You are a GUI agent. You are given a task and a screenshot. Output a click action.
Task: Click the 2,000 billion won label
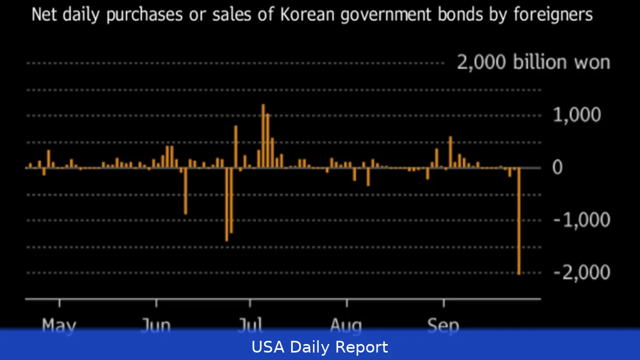pyautogui.click(x=533, y=62)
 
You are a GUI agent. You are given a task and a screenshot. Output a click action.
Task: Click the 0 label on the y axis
pyautogui.click(x=557, y=167)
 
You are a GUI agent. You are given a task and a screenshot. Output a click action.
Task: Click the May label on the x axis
pyautogui.click(x=59, y=325)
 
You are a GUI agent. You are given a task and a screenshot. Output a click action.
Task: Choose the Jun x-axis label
pyautogui.click(x=156, y=325)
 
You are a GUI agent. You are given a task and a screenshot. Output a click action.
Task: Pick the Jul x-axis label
pyautogui.click(x=250, y=325)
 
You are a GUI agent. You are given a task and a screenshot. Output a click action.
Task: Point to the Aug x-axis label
pyautogui.click(x=346, y=325)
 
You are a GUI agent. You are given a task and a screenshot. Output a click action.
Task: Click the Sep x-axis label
pyautogui.click(x=443, y=325)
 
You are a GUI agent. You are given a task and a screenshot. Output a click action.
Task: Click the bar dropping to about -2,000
pyautogui.click(x=518, y=221)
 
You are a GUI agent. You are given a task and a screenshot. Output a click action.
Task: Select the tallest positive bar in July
pyautogui.click(x=263, y=136)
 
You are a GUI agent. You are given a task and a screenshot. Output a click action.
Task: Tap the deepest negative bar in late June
pyautogui.click(x=227, y=204)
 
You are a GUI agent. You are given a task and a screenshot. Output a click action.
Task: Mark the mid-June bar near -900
pyautogui.click(x=186, y=191)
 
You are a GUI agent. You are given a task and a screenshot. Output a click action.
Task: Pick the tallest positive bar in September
pyautogui.click(x=451, y=152)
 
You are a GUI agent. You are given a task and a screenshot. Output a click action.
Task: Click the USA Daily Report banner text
pyautogui.click(x=320, y=348)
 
